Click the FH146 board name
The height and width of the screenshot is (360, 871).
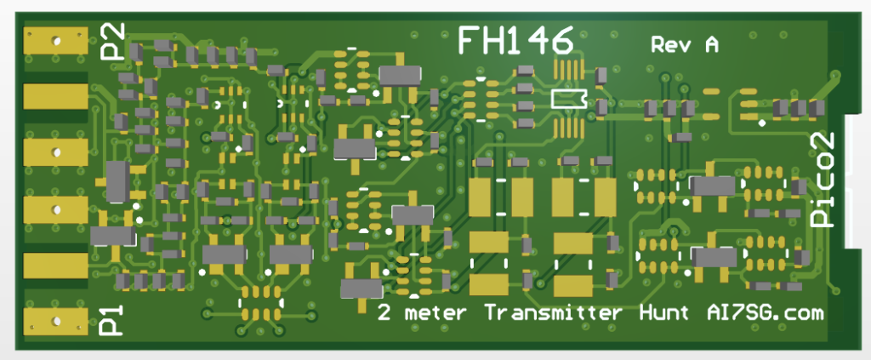click(x=514, y=41)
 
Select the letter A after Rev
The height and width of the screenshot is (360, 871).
click(x=709, y=45)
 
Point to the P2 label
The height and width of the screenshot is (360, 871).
click(x=113, y=41)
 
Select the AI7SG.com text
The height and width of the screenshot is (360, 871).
click(x=763, y=313)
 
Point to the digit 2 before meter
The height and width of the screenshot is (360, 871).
click(x=384, y=313)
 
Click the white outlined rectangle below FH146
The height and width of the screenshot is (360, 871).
click(x=569, y=98)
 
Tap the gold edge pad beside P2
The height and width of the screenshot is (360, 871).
click(x=55, y=40)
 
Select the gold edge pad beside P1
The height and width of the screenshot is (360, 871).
click(x=55, y=321)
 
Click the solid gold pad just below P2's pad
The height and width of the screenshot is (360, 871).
click(x=55, y=96)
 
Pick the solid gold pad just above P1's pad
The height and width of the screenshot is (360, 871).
click(x=55, y=265)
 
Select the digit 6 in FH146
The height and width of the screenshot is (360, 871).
click(x=559, y=41)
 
